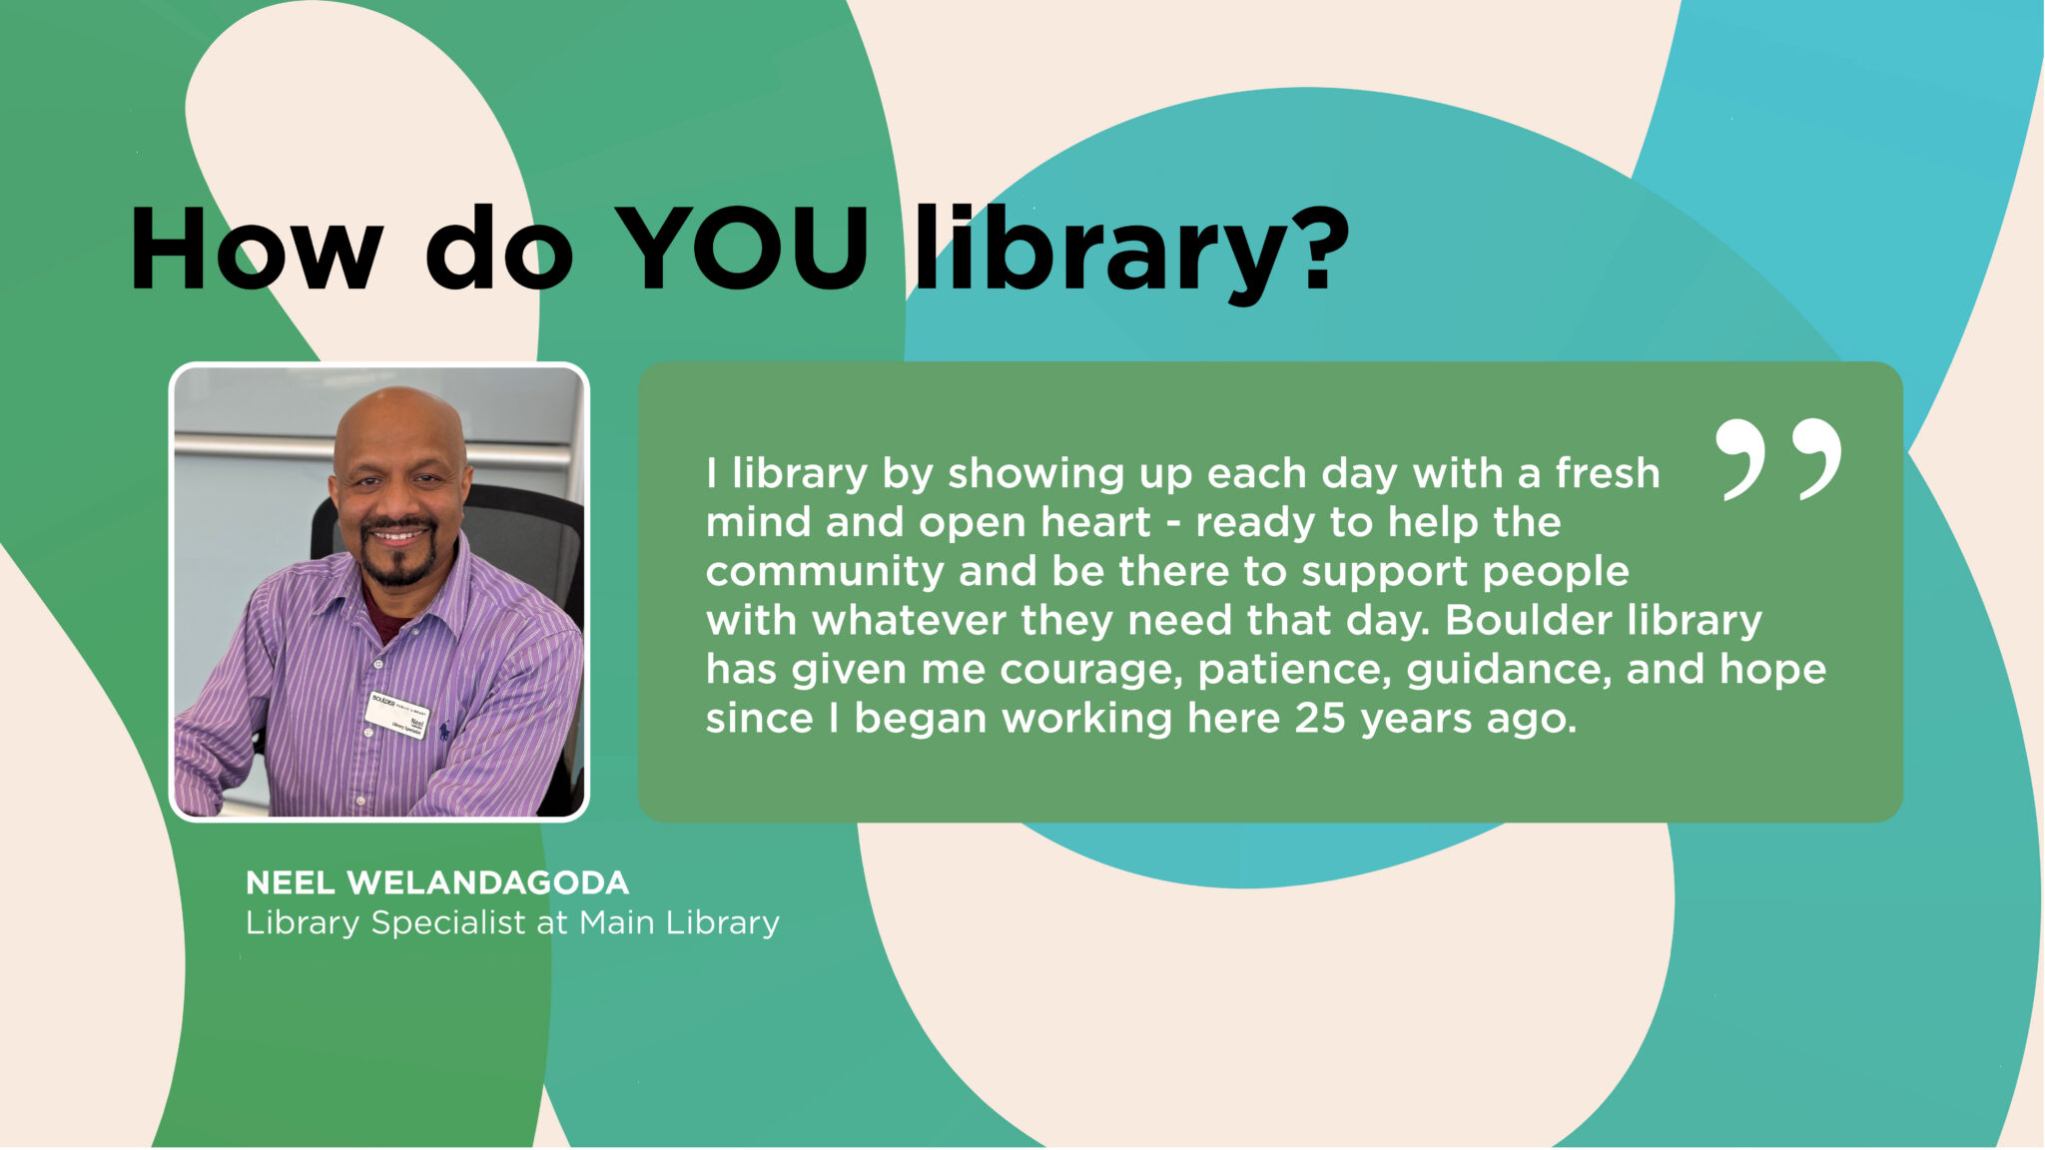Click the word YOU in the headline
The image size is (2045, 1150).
741,250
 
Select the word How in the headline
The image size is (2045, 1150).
256,250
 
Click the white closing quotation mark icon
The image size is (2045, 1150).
1778,459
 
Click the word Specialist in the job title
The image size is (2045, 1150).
448,922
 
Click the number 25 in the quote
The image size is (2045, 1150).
1320,718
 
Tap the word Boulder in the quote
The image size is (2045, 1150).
1529,620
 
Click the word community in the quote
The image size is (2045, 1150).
824,571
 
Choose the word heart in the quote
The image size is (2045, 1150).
1095,522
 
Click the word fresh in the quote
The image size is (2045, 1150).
1607,473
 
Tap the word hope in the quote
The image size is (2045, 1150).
1772,669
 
